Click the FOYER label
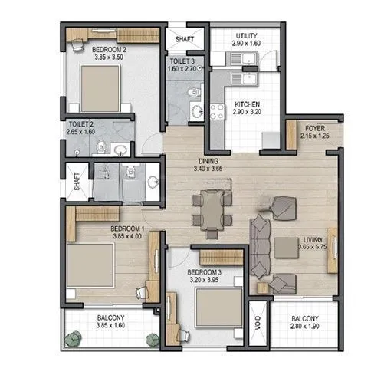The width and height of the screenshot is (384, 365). tap(315, 127)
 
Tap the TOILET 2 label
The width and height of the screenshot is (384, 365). tap(80, 123)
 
